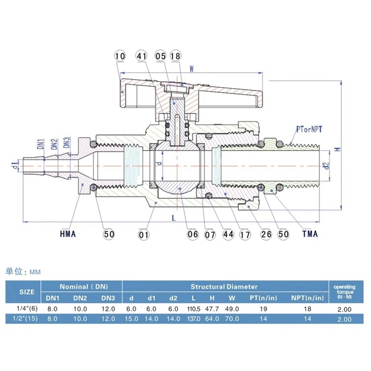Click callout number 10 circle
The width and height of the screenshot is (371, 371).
coord(120,56)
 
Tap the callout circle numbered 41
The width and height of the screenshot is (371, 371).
coord(141,56)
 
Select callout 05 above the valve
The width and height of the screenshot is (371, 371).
coord(160,56)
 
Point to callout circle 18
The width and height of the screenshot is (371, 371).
coord(175,56)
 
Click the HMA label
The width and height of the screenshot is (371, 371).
coord(68,234)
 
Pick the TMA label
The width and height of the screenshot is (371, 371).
coord(310,234)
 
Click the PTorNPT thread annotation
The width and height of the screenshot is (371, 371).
coord(309,129)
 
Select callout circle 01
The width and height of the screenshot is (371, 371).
coord(144,235)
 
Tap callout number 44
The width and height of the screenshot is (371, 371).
coord(228,235)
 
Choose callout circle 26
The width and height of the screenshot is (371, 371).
coord(266,235)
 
